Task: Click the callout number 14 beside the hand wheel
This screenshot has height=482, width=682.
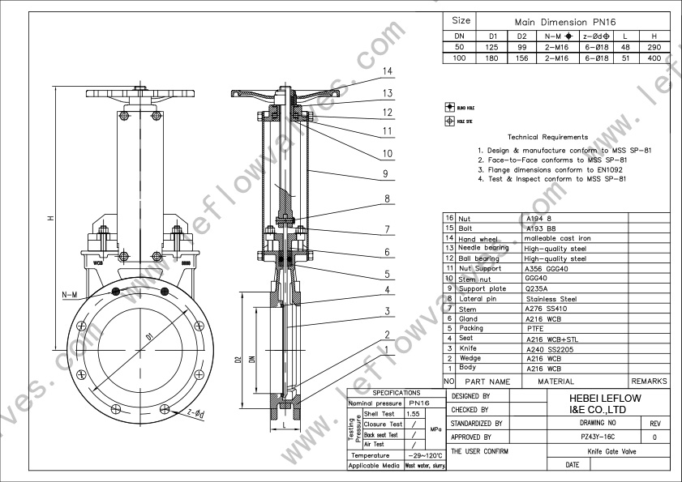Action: (388, 71)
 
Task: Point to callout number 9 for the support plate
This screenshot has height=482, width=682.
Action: (387, 173)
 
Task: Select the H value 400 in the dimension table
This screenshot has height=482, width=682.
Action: (654, 58)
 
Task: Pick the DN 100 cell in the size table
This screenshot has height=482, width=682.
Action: (459, 58)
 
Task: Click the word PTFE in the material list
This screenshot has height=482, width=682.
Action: (536, 329)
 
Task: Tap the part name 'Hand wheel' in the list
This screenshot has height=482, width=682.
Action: (478, 239)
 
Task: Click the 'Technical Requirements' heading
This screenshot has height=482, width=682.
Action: (547, 138)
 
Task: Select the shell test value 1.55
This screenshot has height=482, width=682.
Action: (413, 414)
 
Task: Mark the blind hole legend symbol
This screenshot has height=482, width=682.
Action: (448, 106)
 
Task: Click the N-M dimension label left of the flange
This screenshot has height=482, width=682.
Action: (68, 295)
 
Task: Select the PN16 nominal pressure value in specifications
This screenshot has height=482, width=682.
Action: (419, 403)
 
